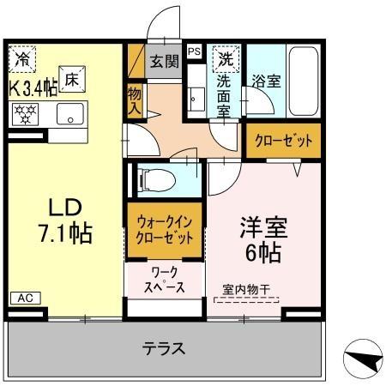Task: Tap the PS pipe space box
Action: [x=194, y=51]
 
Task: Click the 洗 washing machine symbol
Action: [x=225, y=60]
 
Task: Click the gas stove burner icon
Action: [x=25, y=112]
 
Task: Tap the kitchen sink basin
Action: [x=69, y=113]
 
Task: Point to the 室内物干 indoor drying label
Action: [x=246, y=289]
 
